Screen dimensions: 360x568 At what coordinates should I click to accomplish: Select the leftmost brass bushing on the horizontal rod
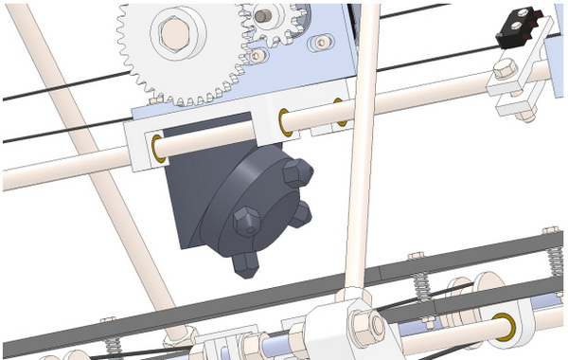click(x=157, y=147)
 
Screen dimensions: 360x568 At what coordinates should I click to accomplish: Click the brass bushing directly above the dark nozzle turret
click(x=283, y=120)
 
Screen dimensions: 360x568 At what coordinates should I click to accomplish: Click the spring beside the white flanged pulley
click(x=423, y=283)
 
